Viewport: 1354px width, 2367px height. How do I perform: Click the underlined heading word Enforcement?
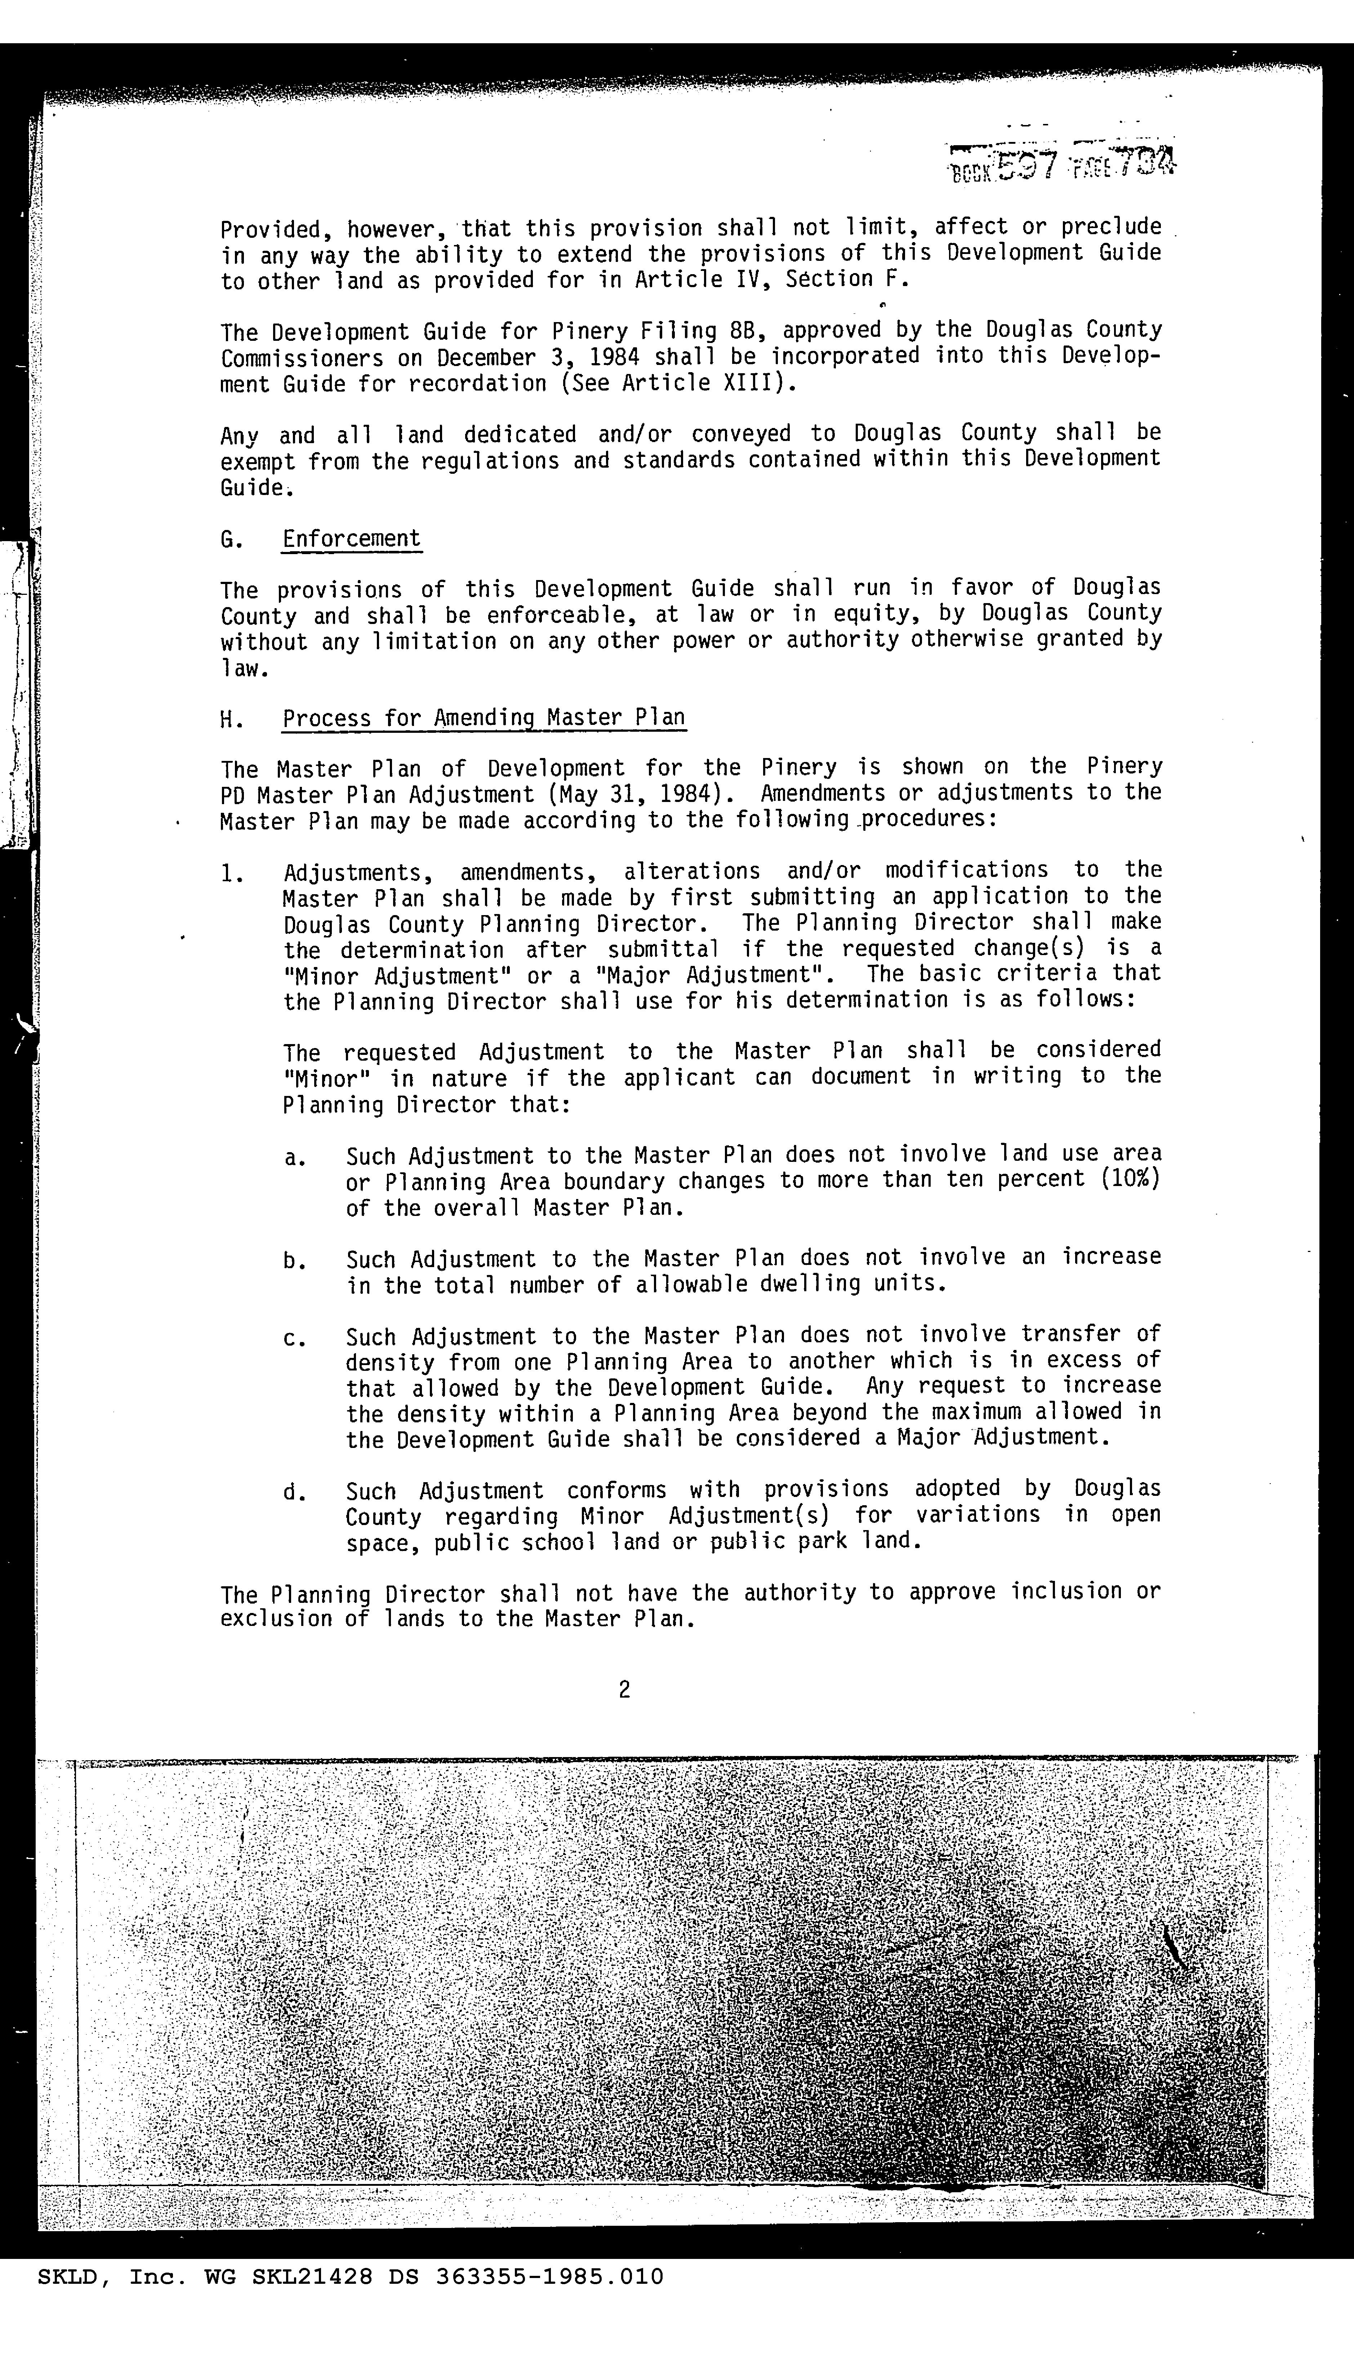tap(352, 539)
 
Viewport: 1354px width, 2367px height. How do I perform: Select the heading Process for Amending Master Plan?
tap(484, 718)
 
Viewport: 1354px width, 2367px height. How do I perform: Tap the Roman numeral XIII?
tap(755, 383)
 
